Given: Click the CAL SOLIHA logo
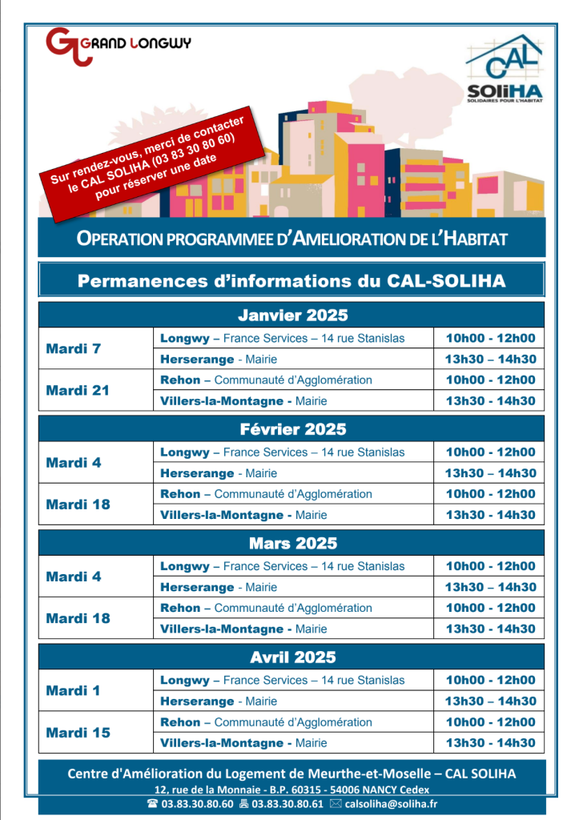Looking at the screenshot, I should (505, 70).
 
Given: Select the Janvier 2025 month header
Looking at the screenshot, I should (292, 315).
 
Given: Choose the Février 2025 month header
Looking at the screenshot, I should (292, 429).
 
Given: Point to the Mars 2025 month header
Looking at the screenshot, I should (292, 544).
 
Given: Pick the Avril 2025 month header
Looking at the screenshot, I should (292, 657).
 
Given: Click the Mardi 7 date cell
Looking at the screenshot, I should (74, 349).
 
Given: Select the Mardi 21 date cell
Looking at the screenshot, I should (78, 391).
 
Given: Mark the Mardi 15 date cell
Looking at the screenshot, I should (78, 733).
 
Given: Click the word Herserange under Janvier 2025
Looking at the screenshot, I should (197, 360).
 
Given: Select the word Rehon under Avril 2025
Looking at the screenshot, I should (180, 722).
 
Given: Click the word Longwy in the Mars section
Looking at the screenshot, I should (184, 566).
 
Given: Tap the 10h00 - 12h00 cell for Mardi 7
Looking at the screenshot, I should (490, 339).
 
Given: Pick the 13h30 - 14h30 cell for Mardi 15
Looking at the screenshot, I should (490, 743).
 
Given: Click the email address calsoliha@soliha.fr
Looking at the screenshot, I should (391, 804).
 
